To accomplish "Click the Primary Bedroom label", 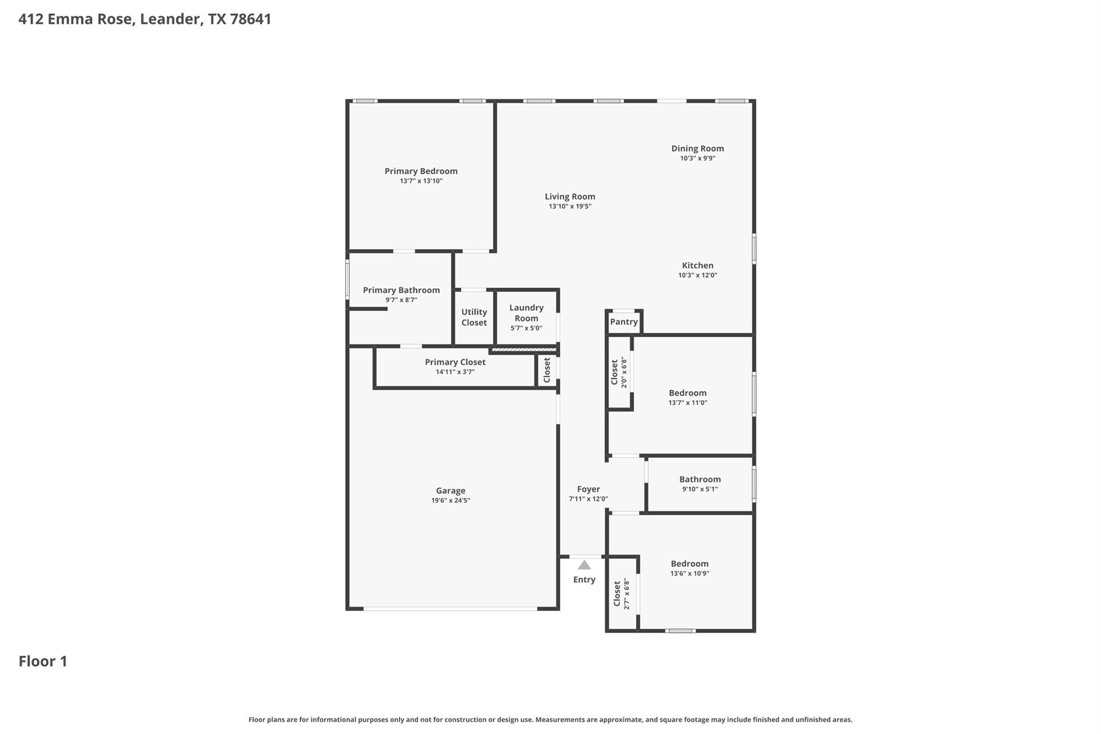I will tap(421, 171).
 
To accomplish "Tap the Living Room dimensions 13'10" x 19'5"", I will tap(570, 206).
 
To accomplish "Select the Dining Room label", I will tap(697, 148).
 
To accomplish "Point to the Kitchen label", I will tap(697, 265).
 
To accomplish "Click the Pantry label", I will tap(624, 322).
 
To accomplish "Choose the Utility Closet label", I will tap(474, 317).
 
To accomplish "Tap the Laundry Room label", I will tap(526, 312).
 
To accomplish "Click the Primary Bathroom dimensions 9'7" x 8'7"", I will tap(401, 300).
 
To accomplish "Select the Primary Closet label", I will tap(455, 362).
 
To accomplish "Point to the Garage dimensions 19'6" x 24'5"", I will tap(451, 501).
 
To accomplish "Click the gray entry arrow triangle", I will tap(584, 565).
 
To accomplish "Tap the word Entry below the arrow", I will tap(584, 580).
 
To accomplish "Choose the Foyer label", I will tap(588, 489).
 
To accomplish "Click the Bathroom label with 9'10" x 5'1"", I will tap(699, 479).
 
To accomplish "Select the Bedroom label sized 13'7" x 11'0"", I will tap(688, 393).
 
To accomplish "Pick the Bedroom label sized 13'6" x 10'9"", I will tap(689, 564).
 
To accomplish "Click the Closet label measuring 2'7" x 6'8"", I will tap(617, 594).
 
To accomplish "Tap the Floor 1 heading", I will tap(43, 661).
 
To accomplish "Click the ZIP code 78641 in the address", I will tap(251, 19).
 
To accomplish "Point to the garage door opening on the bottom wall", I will tap(451, 609).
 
